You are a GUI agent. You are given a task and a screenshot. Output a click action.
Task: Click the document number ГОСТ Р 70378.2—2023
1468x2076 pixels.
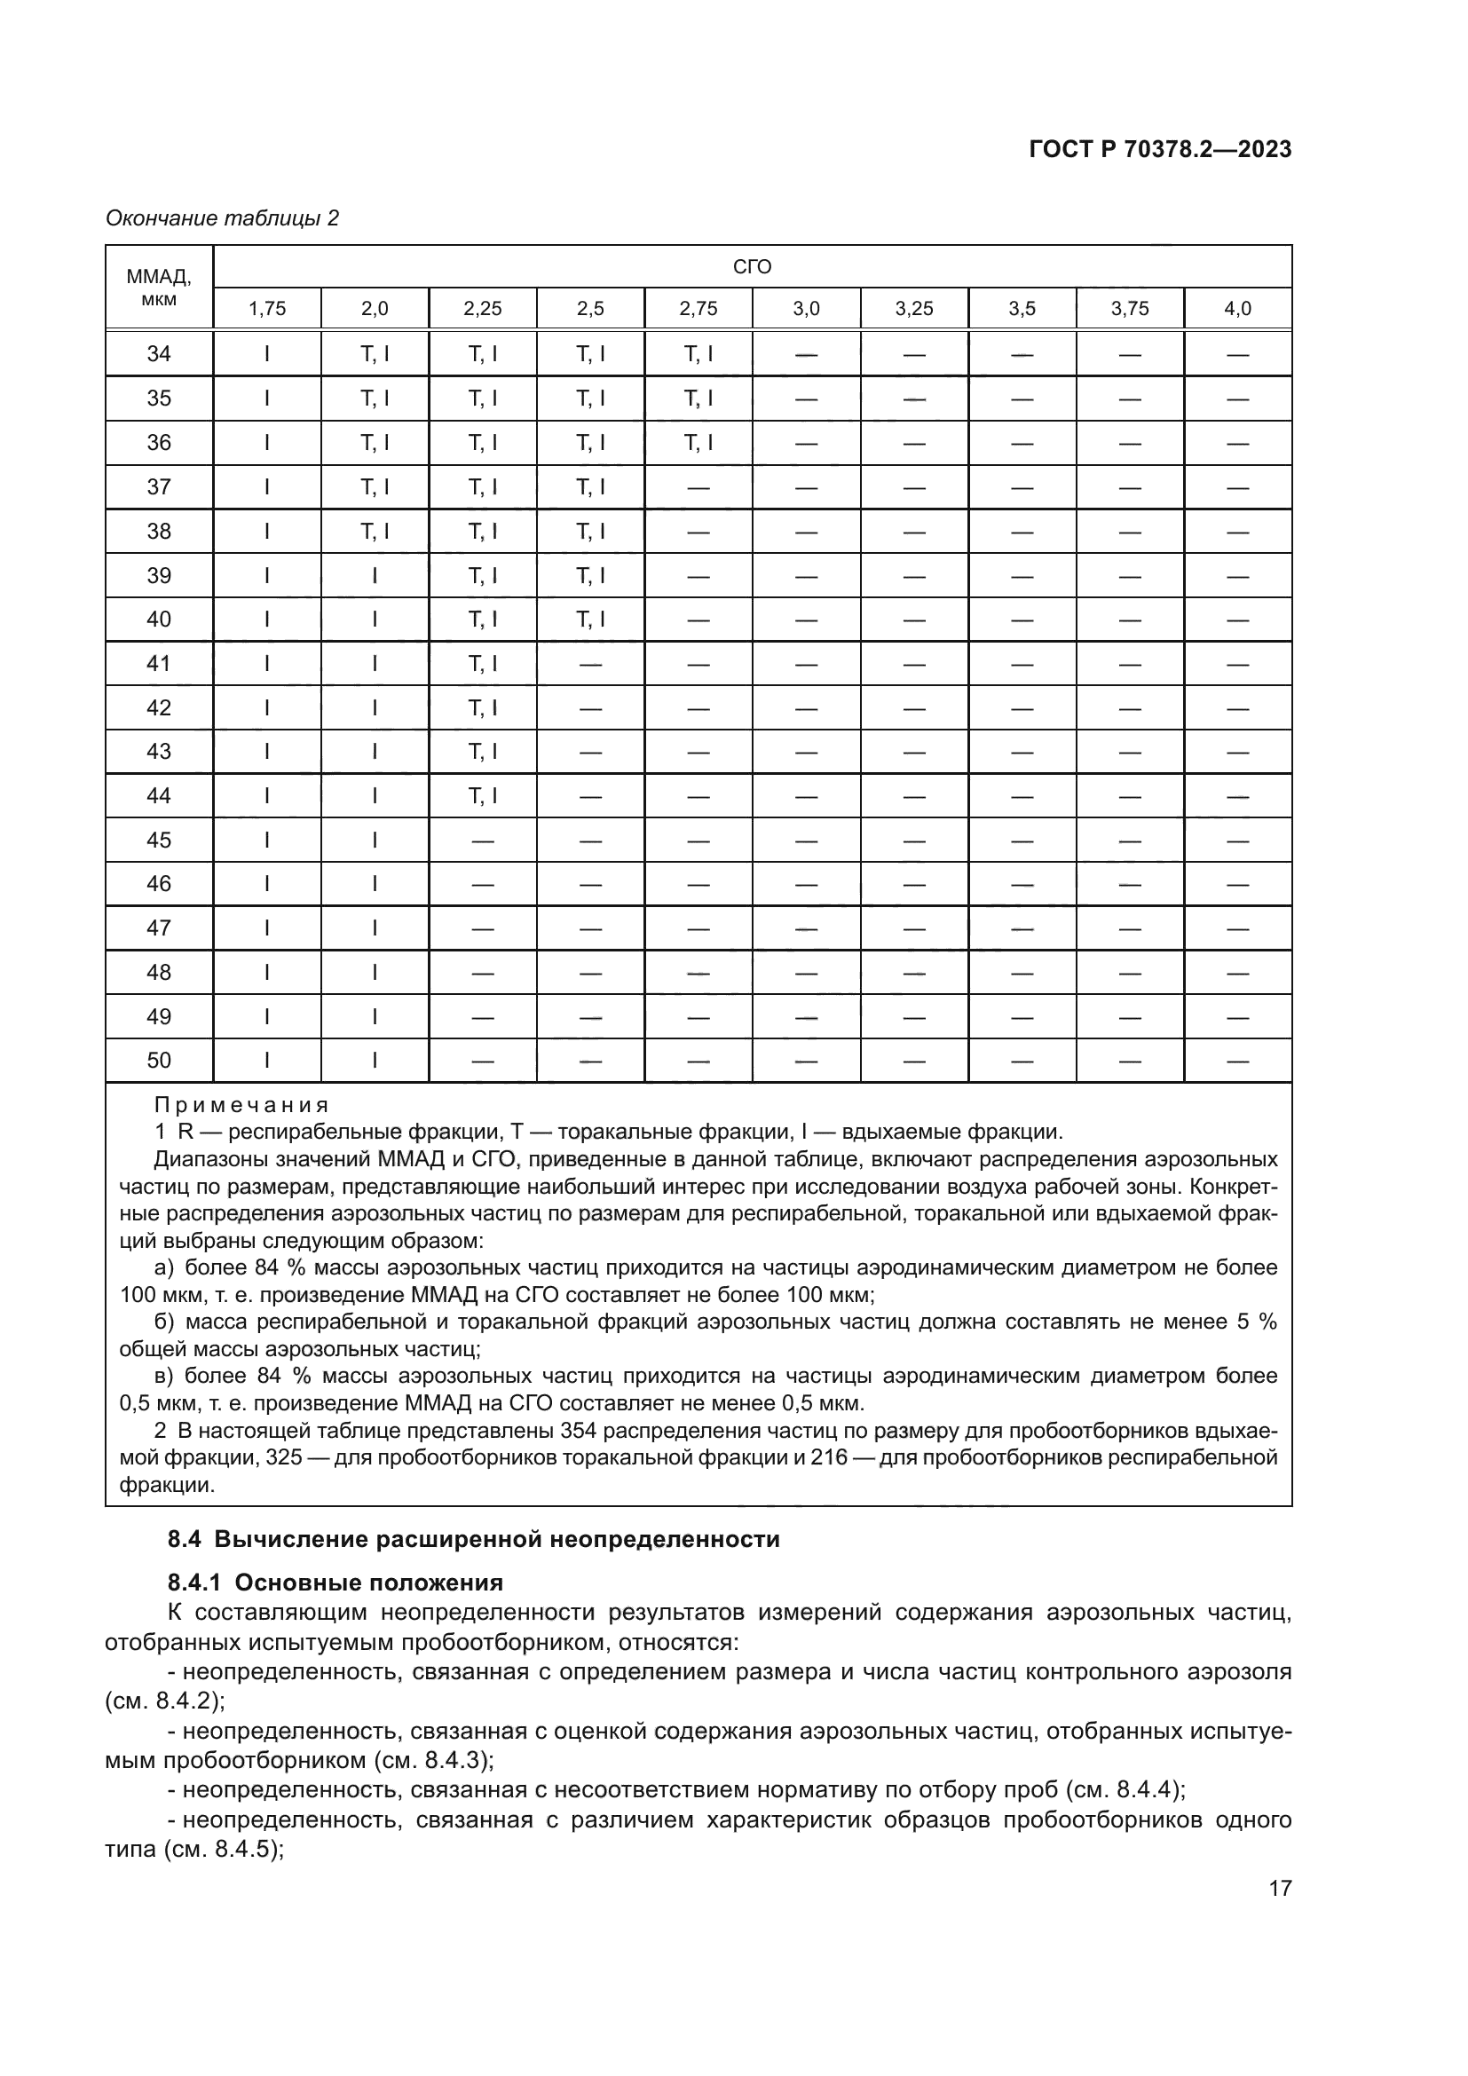(x=1160, y=150)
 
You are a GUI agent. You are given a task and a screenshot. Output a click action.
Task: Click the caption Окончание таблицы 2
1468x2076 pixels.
(x=223, y=218)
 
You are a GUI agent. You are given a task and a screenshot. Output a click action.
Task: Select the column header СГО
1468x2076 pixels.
(x=752, y=267)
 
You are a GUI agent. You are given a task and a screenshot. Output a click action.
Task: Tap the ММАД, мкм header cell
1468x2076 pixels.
(x=159, y=287)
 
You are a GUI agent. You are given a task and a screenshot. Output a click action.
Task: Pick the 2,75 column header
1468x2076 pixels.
(x=698, y=309)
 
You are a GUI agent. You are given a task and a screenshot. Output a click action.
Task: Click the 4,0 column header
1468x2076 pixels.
(x=1237, y=309)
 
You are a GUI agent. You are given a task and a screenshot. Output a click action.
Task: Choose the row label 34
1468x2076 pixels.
(x=159, y=353)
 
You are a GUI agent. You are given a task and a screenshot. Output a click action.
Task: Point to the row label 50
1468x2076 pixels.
(x=159, y=1061)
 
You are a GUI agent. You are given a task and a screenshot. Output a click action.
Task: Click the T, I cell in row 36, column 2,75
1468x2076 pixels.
(x=698, y=442)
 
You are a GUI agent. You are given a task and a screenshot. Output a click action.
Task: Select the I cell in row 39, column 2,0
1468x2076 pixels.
(x=375, y=576)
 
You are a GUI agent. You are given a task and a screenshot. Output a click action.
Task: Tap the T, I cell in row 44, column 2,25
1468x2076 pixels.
(x=483, y=795)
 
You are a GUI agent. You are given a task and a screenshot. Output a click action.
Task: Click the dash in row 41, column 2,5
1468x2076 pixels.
(x=590, y=665)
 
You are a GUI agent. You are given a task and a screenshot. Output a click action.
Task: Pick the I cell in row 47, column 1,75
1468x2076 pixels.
(x=266, y=927)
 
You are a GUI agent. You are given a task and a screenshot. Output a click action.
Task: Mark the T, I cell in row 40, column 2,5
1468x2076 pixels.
(x=590, y=620)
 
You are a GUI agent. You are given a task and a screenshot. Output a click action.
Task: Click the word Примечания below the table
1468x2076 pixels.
(x=241, y=1105)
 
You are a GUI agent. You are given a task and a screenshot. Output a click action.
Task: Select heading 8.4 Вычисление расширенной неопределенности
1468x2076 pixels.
(x=474, y=1539)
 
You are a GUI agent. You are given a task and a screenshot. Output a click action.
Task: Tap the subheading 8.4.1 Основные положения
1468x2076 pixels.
(x=335, y=1583)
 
